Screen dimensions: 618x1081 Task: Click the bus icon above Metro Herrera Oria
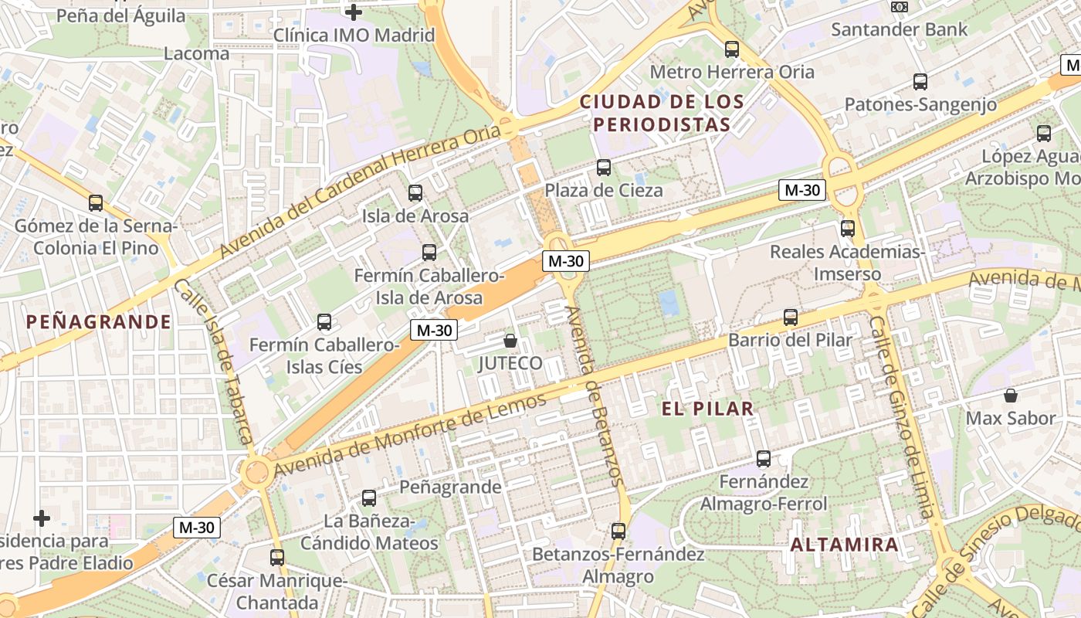tap(732, 49)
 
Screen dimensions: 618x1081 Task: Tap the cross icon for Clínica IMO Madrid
tap(354, 12)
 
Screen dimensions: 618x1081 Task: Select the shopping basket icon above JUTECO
tap(510, 340)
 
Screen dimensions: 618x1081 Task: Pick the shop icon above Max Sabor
tap(1010, 396)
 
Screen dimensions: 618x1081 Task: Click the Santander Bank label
tap(899, 30)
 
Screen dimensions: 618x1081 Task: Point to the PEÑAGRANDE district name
tap(98, 322)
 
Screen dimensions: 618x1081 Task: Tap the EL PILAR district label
tap(707, 409)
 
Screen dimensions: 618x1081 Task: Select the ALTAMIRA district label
tap(844, 545)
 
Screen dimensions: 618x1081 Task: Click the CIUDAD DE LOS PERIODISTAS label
tap(662, 113)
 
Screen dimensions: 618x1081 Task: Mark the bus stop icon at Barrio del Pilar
tap(790, 317)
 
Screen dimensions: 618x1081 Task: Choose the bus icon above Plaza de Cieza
tap(604, 168)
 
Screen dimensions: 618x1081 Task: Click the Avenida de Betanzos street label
tap(594, 396)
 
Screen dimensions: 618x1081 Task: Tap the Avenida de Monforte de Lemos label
tap(409, 434)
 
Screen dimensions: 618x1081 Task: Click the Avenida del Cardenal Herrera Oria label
tap(360, 192)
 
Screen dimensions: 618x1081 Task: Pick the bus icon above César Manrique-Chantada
tap(276, 557)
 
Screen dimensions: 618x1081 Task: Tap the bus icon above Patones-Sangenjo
tap(920, 82)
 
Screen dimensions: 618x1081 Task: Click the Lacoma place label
tap(196, 53)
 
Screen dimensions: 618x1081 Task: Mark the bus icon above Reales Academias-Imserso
tap(848, 229)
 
